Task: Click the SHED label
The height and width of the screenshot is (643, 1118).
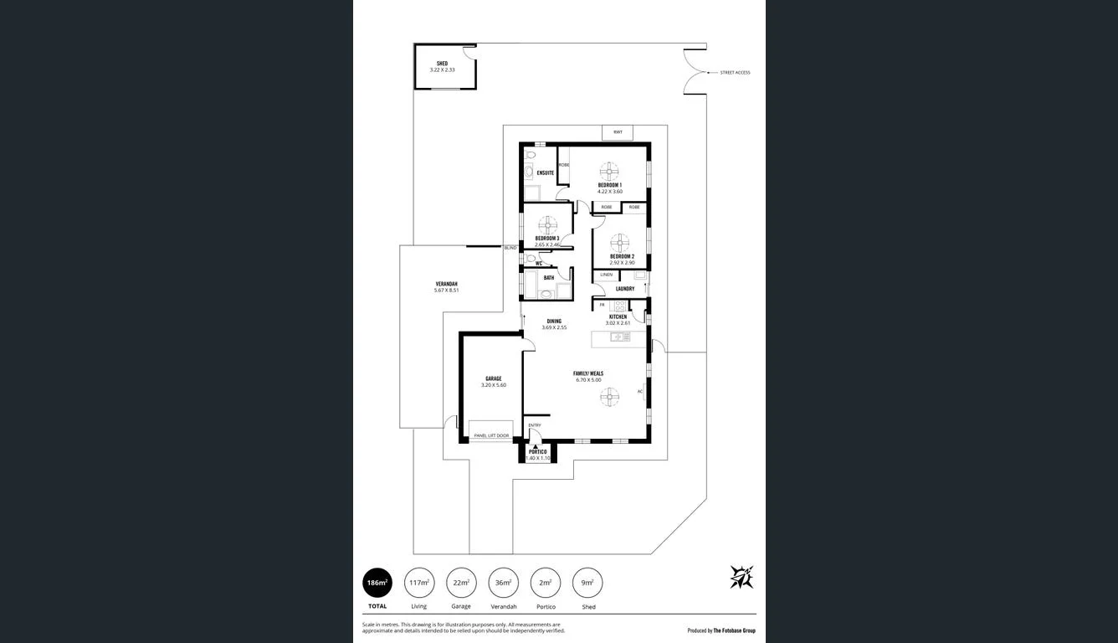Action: [442, 64]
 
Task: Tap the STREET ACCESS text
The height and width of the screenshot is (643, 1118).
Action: [735, 73]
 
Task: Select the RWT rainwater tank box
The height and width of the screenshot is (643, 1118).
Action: [618, 132]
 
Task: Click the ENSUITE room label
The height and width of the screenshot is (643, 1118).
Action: [545, 173]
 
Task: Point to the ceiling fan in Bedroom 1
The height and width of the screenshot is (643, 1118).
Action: [609, 171]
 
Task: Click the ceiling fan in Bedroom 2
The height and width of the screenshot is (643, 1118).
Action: [619, 243]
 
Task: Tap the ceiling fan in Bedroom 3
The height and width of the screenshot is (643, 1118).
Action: [547, 224]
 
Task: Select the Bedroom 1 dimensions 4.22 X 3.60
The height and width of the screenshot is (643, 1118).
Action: [609, 192]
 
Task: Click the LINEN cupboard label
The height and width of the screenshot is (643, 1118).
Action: [606, 275]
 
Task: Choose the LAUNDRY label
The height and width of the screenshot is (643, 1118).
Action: [624, 289]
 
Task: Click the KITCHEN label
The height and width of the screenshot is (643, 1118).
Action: [618, 316]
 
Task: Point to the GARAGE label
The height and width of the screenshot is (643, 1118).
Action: [493, 378]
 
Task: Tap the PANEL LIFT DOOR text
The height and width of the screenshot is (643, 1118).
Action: [491, 435]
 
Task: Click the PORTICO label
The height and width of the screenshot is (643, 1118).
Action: [537, 452]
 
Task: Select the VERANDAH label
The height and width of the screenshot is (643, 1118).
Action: [446, 284]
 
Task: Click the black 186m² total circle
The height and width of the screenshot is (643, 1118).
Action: [377, 583]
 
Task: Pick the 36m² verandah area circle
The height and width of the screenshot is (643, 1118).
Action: [503, 583]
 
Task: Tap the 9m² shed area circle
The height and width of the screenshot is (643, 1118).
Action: [588, 583]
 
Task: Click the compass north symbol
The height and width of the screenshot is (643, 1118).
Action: [741, 577]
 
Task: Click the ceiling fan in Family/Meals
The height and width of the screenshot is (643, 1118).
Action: [609, 397]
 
